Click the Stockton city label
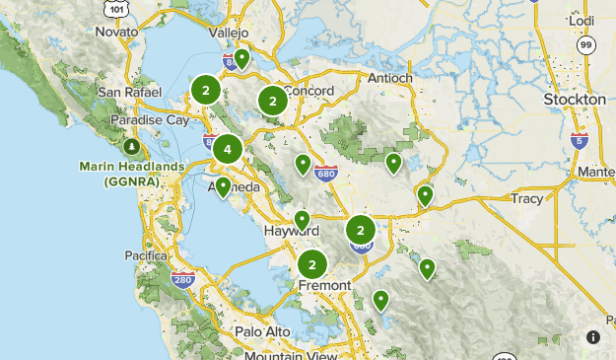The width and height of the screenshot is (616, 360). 575,100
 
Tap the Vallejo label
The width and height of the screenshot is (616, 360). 229,33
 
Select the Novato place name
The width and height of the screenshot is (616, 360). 116,32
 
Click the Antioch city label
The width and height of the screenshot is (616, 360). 388,78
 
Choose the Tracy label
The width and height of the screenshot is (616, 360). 527,198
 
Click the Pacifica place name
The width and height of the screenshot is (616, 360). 146,255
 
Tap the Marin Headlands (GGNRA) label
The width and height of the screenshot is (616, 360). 132,174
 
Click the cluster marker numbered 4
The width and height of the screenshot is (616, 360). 228,150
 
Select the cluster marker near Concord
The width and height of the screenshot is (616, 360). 272,101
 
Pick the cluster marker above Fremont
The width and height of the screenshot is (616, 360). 312,264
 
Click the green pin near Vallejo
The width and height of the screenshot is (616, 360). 241,58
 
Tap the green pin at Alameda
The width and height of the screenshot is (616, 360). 224,185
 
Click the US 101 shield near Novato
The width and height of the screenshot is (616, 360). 116,9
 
